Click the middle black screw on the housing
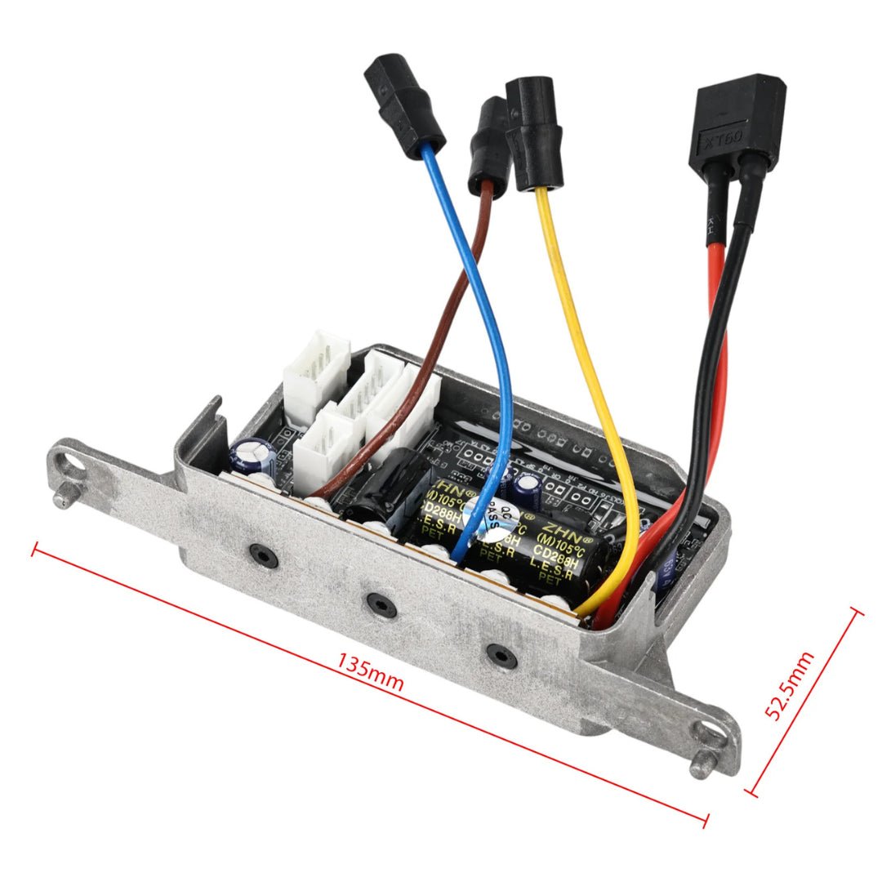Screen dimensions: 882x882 tap(381, 604)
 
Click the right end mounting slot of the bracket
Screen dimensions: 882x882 tap(712, 736)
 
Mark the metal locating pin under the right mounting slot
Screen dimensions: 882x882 tap(700, 768)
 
